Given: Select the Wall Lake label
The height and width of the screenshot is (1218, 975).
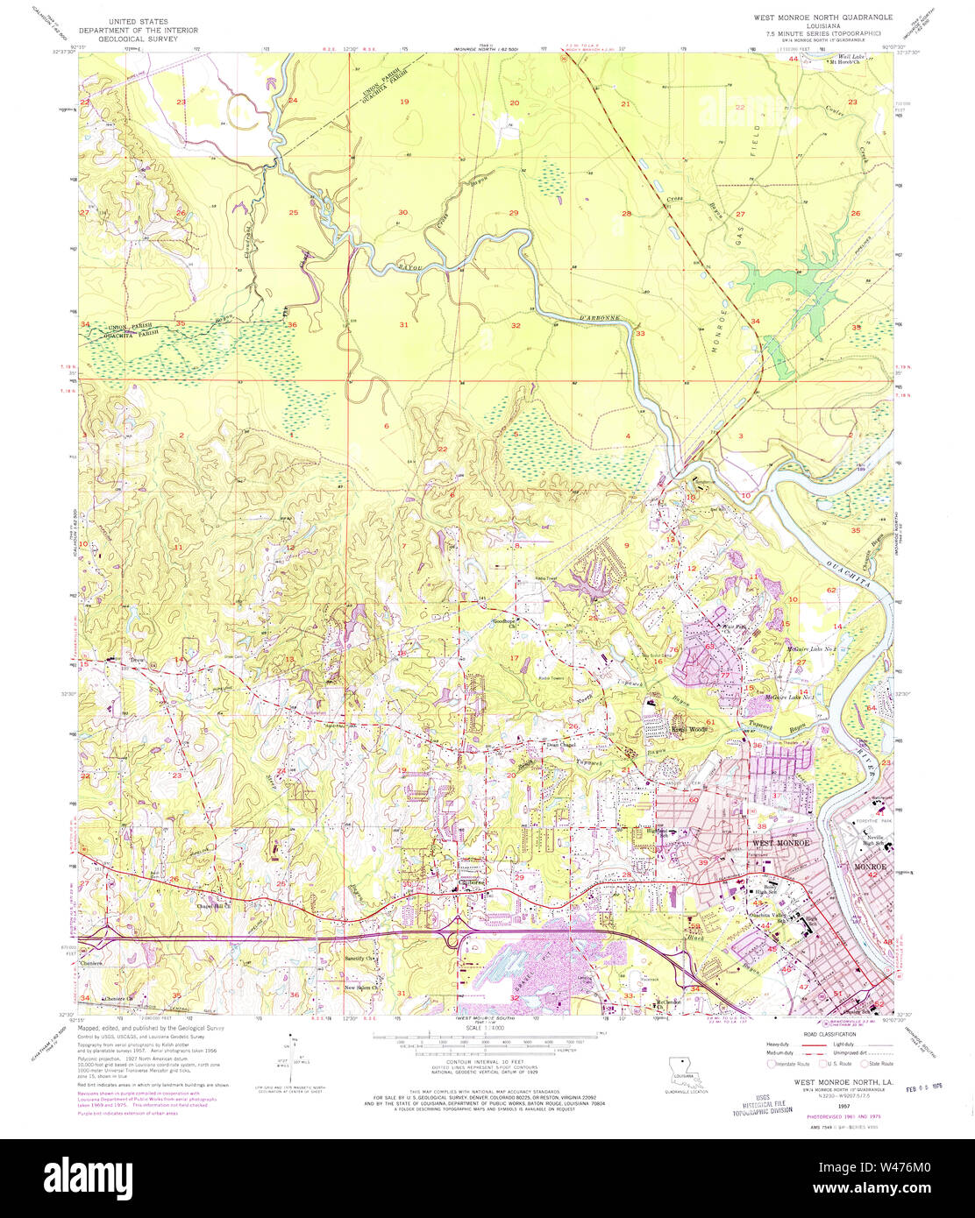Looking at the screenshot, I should point(840,56).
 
